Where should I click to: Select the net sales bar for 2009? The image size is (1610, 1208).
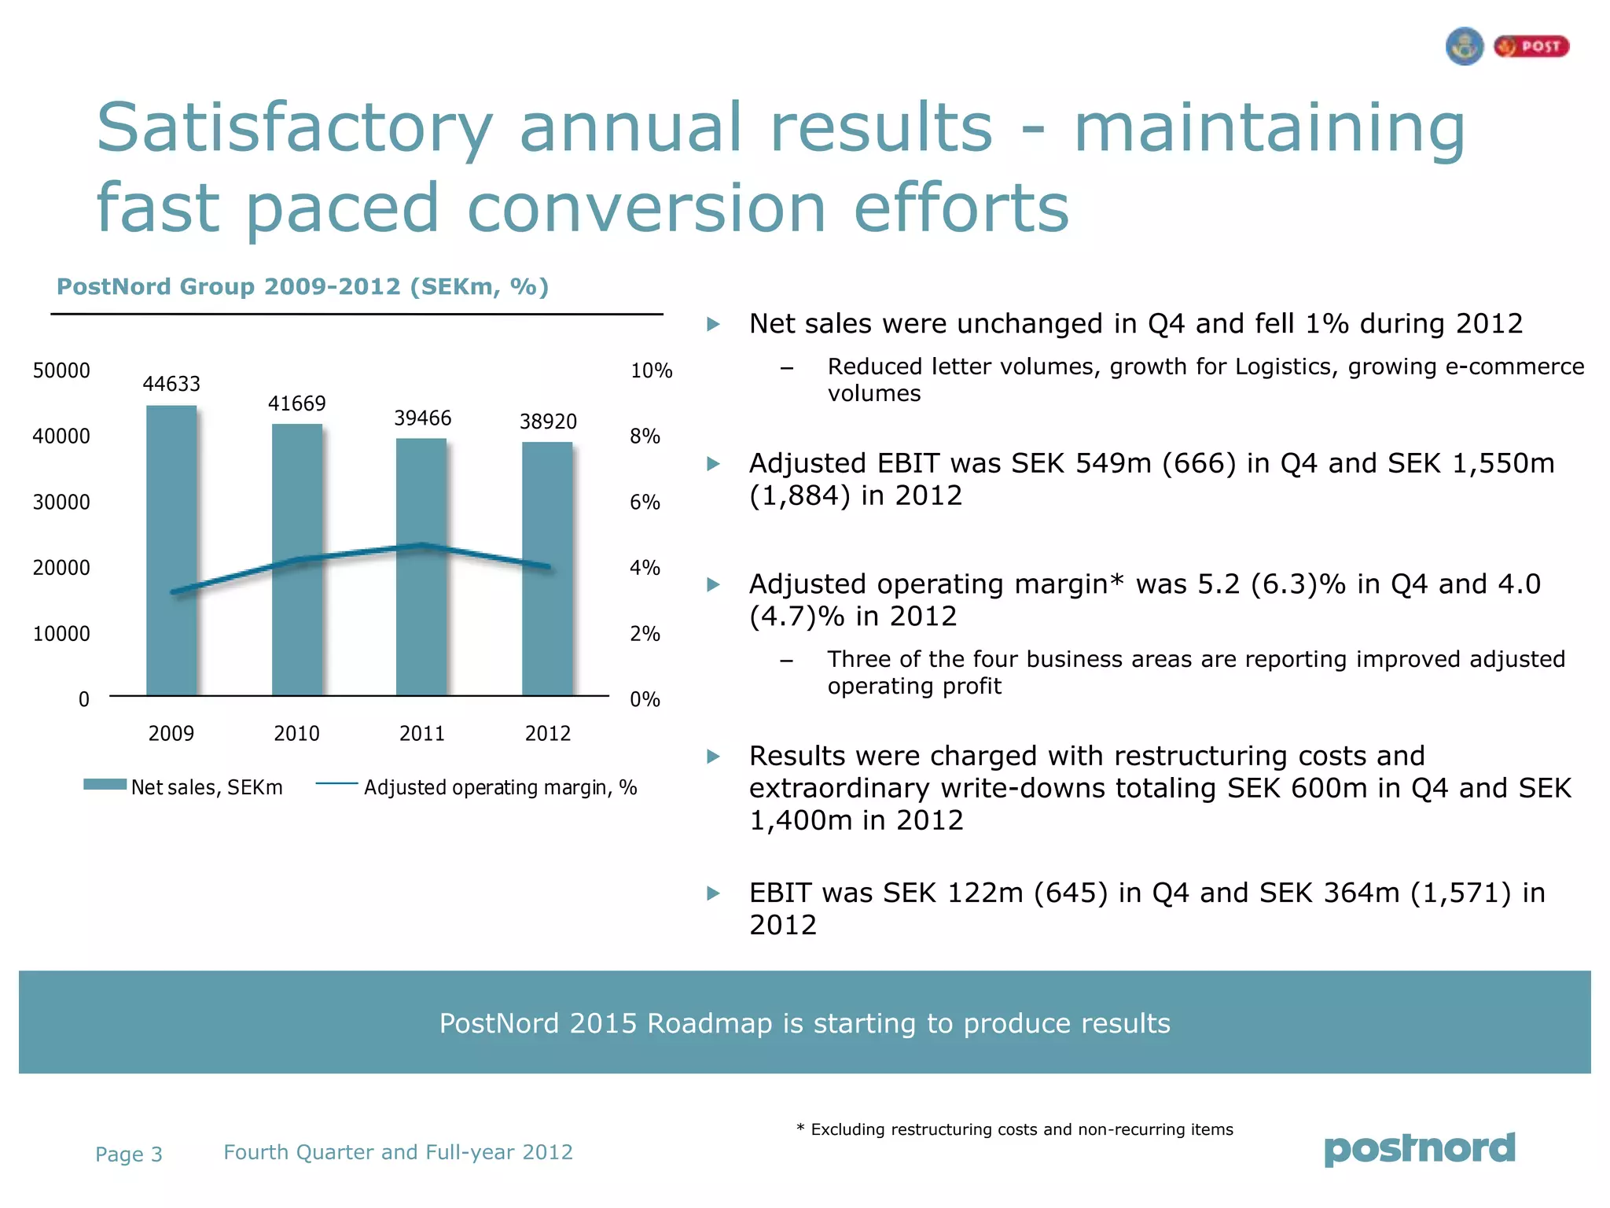pyautogui.click(x=171, y=551)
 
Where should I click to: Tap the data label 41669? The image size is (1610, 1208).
pyautogui.click(x=296, y=403)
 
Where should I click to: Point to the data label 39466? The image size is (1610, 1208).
pyautogui.click(x=422, y=418)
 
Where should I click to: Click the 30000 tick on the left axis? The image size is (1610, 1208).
pyautogui.click(x=61, y=502)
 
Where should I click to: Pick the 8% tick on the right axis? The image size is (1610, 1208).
pyautogui.click(x=645, y=436)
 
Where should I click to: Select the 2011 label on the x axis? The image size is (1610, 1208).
pyautogui.click(x=422, y=733)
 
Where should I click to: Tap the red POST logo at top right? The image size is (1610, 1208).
pyautogui.click(x=1531, y=46)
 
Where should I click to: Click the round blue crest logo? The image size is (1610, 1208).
pyautogui.click(x=1464, y=46)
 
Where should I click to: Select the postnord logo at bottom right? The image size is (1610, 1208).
pyautogui.click(x=1420, y=1149)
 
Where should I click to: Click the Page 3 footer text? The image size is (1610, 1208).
pyautogui.click(x=128, y=1154)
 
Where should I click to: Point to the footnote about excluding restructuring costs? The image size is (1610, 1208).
pyautogui.click(x=1014, y=1129)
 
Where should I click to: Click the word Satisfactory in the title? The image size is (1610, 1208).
pyautogui.click(x=295, y=127)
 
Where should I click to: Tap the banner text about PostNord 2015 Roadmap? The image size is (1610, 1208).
pyautogui.click(x=804, y=1023)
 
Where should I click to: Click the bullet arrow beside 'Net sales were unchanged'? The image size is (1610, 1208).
pyautogui.click(x=713, y=324)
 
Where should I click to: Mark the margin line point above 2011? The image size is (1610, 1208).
pyautogui.click(x=422, y=544)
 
